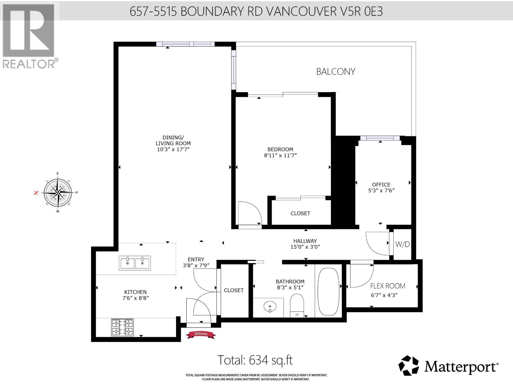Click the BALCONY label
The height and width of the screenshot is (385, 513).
tap(336, 72)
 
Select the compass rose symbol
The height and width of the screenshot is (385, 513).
tap(58, 193)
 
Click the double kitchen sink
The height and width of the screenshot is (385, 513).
tap(135, 263)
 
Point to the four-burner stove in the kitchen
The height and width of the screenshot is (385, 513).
tap(122, 327)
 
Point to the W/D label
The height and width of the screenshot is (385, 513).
tap(402, 244)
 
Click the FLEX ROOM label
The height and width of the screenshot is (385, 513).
tap(388, 286)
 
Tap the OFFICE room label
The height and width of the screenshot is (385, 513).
tap(381, 184)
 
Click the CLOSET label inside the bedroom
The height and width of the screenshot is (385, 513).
tap(300, 213)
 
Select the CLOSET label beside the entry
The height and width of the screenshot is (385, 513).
tap(234, 290)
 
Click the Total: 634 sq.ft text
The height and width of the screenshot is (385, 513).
tap(255, 360)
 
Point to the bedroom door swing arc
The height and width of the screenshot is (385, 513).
tap(250, 213)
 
